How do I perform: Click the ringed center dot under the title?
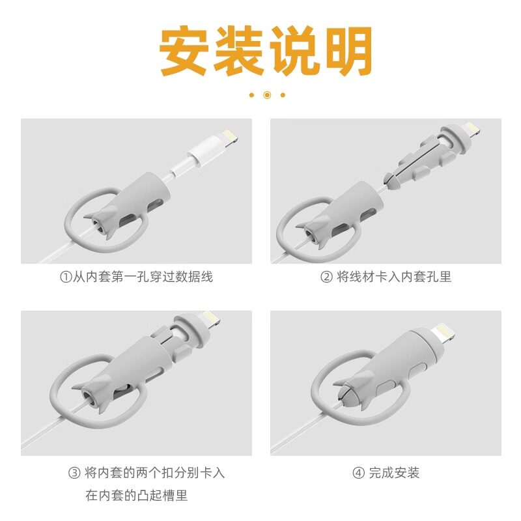[267, 95]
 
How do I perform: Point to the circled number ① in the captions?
[64, 277]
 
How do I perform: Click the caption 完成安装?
[394, 473]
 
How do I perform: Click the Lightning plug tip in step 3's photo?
[211, 319]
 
